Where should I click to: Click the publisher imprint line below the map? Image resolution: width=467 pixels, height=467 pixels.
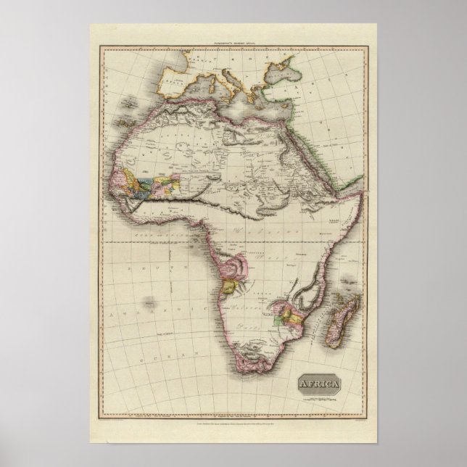click(233, 418)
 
